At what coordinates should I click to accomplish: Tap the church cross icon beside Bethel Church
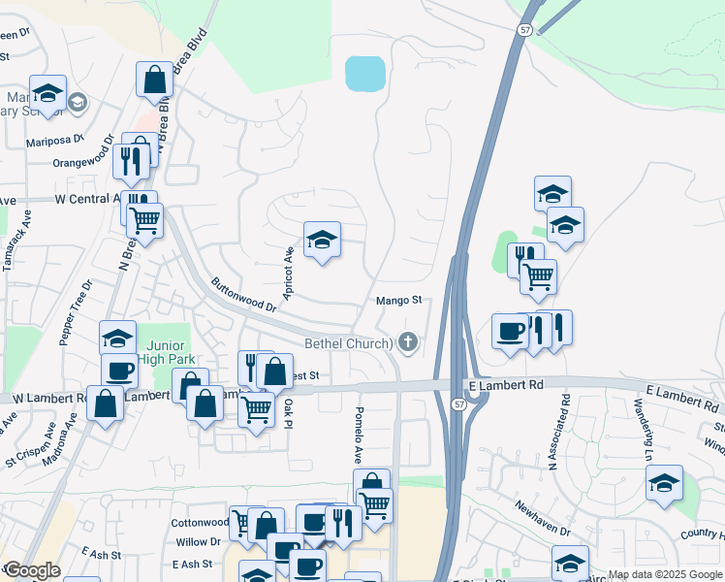[408, 341]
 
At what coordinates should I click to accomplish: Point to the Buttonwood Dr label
[244, 295]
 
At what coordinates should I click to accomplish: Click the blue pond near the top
[365, 72]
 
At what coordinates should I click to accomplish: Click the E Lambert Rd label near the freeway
[505, 385]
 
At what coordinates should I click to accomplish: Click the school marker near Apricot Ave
[322, 241]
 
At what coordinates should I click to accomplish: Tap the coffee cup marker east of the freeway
[510, 331]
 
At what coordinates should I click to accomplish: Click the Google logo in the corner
[32, 570]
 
